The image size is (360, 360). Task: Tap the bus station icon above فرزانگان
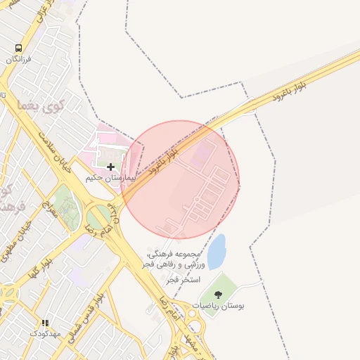(x=19, y=47)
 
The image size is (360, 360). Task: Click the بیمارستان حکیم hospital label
(x=109, y=179)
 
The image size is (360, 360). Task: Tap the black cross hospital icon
(x=110, y=167)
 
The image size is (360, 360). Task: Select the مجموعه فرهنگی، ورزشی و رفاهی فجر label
(x=176, y=259)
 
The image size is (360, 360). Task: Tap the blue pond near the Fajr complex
(x=217, y=252)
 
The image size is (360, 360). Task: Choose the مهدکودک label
(x=46, y=333)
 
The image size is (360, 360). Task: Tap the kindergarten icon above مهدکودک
(x=46, y=323)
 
